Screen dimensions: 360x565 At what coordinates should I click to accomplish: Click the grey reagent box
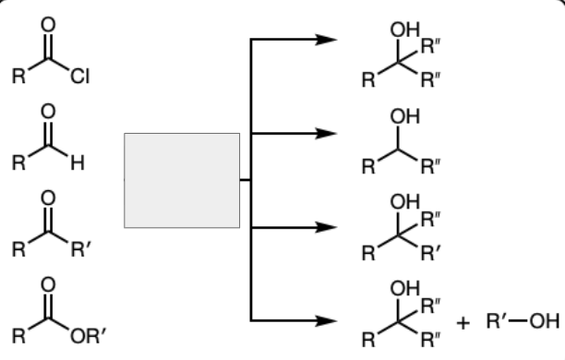click(182, 180)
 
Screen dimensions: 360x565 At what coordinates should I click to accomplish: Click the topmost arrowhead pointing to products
click(325, 41)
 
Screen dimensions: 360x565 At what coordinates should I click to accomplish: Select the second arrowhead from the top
click(325, 133)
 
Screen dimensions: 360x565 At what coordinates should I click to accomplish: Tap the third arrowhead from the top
click(325, 226)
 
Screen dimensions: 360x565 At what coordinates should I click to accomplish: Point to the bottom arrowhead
click(325, 320)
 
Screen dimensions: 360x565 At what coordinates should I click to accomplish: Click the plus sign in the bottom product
click(463, 322)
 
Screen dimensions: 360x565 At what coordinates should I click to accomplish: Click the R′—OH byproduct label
click(522, 322)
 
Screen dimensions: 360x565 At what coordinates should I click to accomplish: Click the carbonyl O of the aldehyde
click(48, 112)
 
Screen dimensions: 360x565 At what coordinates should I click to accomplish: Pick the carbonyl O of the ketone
click(48, 197)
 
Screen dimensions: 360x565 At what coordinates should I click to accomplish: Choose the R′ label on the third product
click(430, 250)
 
